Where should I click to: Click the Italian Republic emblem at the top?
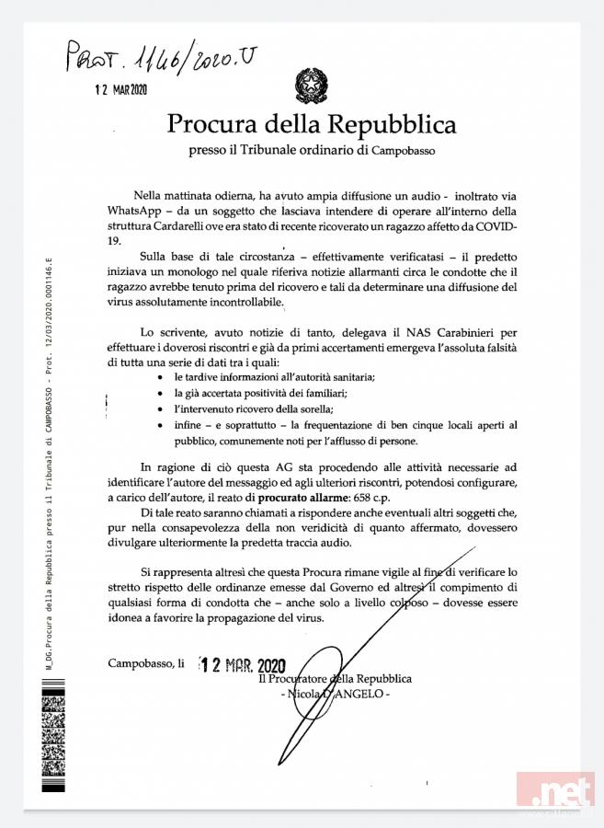tap(310, 86)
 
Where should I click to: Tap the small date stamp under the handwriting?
tap(122, 89)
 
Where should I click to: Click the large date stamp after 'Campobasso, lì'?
tap(243, 665)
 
